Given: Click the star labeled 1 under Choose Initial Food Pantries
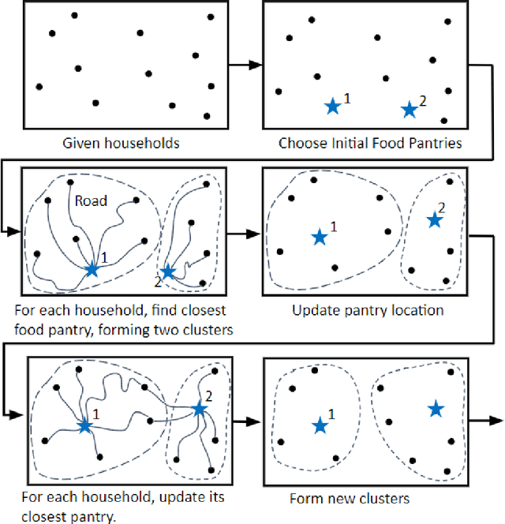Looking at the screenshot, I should [333, 106].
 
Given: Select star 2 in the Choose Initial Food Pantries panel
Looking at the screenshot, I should [409, 110].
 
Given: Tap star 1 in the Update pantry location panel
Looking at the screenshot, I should [319, 237].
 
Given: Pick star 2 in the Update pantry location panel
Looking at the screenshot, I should [434, 220].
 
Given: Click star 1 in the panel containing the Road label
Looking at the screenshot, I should [92, 269].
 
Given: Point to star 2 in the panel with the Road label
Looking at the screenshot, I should [167, 271].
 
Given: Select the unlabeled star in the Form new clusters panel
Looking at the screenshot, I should [436, 408].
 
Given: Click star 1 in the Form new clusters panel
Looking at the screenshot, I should [320, 425].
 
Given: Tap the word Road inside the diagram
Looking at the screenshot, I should [91, 201].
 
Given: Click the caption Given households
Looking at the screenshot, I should [122, 144].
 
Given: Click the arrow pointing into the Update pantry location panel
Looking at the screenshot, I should [244, 234].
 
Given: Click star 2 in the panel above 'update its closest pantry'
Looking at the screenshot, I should [199, 409].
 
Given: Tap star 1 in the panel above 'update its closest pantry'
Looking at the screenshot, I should [84, 425].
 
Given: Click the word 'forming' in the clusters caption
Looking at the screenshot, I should [119, 330].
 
